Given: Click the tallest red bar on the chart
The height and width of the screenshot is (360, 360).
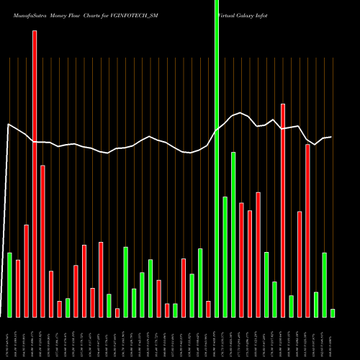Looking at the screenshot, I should pos(35,174).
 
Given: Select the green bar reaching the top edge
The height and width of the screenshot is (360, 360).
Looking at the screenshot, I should pos(217,158).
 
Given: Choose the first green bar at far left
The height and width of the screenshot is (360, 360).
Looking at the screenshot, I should pos(9,285).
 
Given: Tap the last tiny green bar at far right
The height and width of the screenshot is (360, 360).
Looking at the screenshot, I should pos(333,313).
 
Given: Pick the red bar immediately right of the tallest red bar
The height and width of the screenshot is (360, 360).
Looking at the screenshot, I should pos(42,241).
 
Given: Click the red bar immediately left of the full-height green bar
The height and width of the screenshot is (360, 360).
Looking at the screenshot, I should pos(208,309).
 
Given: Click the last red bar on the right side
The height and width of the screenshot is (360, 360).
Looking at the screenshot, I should pos(307,230).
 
